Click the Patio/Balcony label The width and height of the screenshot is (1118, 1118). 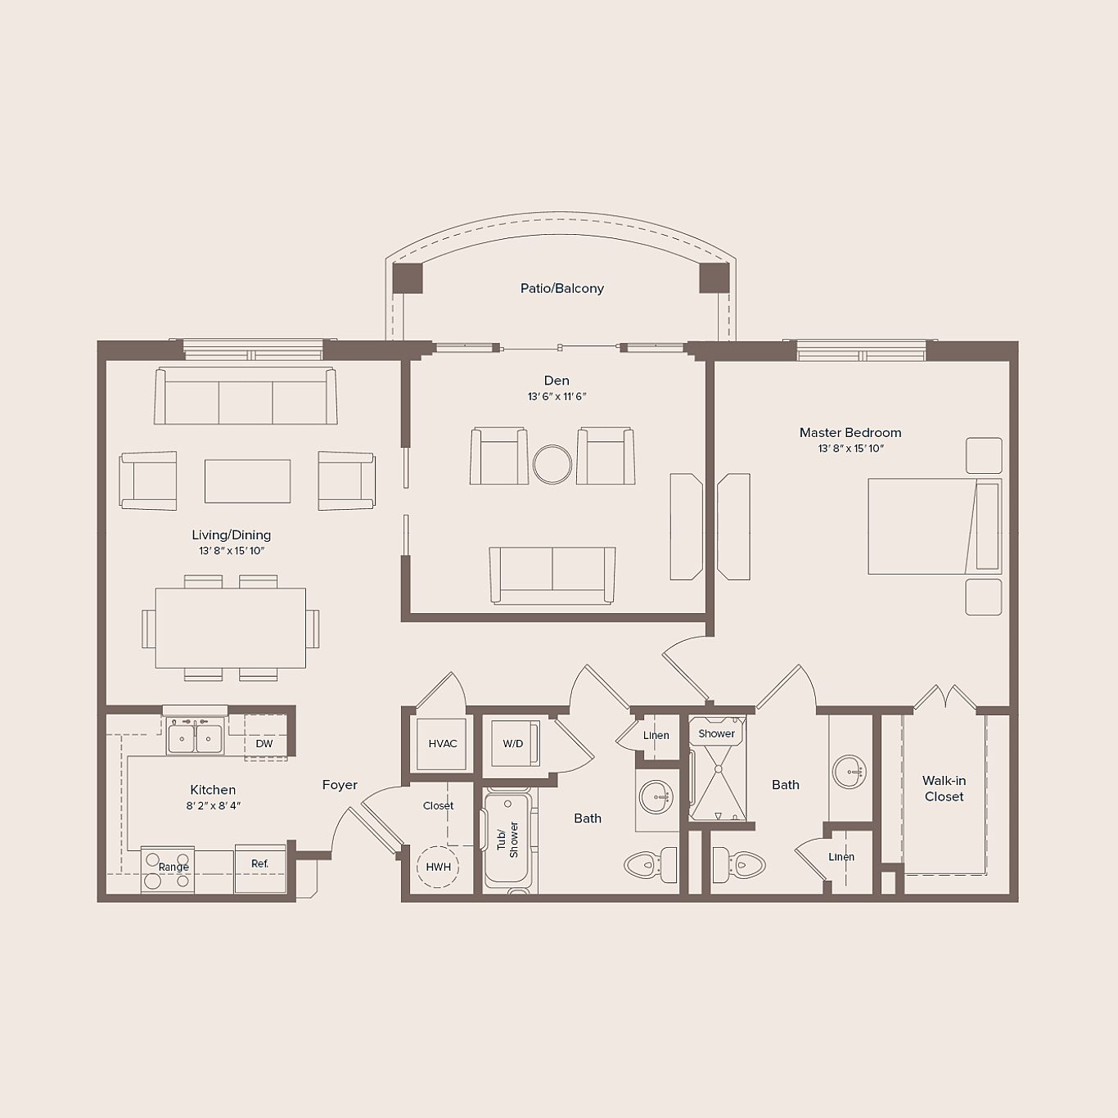pyautogui.click(x=561, y=288)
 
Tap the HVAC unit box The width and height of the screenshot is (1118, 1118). pyautogui.click(x=442, y=743)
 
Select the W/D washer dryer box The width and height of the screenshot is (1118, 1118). pyautogui.click(x=512, y=743)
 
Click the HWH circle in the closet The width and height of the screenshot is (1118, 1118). pyautogui.click(x=438, y=867)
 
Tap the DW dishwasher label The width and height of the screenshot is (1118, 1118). pyautogui.click(x=264, y=743)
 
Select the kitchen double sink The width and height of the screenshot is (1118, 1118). pyautogui.click(x=195, y=738)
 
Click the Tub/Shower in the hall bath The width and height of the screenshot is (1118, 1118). pyautogui.click(x=507, y=838)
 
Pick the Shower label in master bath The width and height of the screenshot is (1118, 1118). pyautogui.click(x=716, y=733)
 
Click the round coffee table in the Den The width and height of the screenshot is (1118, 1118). pyautogui.click(x=552, y=465)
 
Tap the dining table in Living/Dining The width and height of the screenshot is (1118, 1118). pyautogui.click(x=231, y=628)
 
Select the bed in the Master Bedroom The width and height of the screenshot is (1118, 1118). pyautogui.click(x=933, y=526)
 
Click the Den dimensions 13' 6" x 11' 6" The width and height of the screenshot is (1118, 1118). pyautogui.click(x=557, y=397)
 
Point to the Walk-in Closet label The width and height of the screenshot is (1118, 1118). pyautogui.click(x=944, y=788)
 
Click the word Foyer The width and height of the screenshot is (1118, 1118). pyautogui.click(x=340, y=785)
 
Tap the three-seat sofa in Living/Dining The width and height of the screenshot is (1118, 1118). pyautogui.click(x=246, y=397)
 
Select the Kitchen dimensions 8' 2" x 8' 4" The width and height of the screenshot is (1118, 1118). pyautogui.click(x=213, y=806)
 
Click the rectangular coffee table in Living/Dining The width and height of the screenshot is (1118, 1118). pyautogui.click(x=247, y=481)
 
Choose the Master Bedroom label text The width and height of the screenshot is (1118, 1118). pyautogui.click(x=850, y=432)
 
